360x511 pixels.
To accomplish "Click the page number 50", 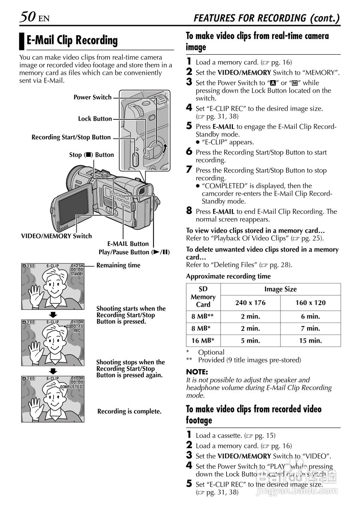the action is tap(28, 17).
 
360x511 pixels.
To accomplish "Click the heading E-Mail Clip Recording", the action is tap(72, 40).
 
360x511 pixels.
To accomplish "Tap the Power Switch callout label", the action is tap(92, 97).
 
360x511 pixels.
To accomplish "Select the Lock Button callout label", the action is tap(95, 119).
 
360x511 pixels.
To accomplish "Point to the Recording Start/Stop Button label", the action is tap(71, 137).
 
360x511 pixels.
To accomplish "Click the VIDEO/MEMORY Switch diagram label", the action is tap(56, 236).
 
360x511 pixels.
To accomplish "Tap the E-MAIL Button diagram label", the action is tap(128, 244).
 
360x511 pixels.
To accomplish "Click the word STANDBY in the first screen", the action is tap(77, 274).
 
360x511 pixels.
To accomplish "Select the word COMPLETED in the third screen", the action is tap(71, 387).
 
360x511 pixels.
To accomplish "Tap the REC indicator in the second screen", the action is tap(77, 331).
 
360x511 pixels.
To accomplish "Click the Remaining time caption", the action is tap(118, 265).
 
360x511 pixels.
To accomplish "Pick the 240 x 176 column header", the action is tap(250, 303).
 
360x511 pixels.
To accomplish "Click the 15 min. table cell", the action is tap(310, 341).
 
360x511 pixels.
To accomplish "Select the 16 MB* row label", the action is tap(203, 341).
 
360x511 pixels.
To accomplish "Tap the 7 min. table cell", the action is tap(310, 329).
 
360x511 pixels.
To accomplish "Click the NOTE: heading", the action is tap(197, 372).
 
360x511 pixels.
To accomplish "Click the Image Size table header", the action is tap(280, 289).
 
